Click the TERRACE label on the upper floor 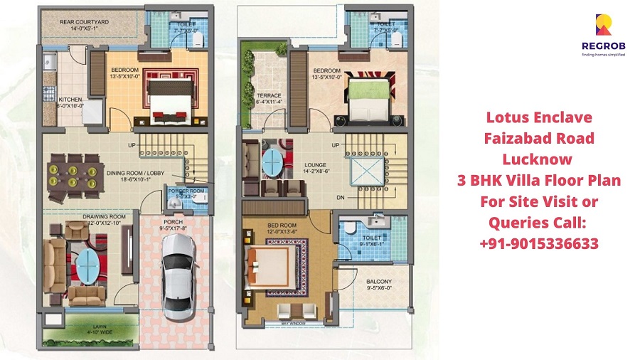tap(269, 98)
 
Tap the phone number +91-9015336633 tap(543, 243)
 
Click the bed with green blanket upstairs tap(367, 99)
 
